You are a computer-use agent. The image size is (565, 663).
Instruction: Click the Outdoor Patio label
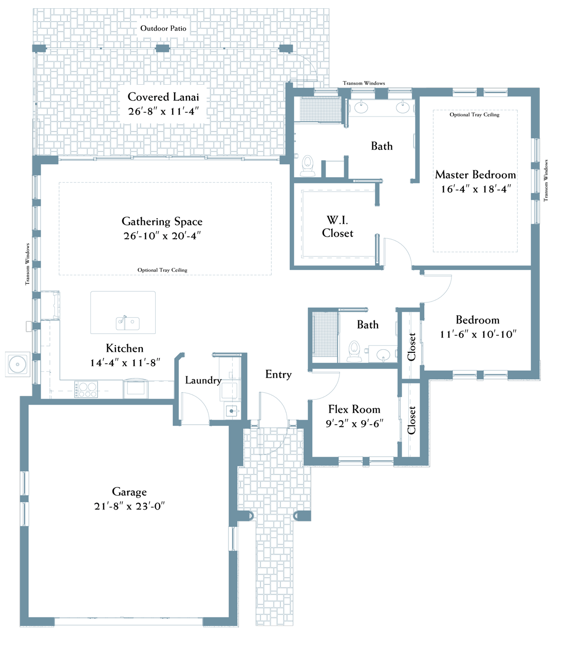[163, 28]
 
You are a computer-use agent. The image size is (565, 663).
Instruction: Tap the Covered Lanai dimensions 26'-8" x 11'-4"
[163, 111]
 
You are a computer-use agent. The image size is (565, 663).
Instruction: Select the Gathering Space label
[162, 221]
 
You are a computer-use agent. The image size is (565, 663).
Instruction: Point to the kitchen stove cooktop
[86, 389]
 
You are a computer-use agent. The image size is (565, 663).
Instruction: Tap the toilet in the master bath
[308, 165]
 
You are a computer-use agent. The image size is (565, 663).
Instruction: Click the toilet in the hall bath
[354, 351]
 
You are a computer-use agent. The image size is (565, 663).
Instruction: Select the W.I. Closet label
[337, 227]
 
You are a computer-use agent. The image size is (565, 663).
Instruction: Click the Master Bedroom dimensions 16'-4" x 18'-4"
[476, 189]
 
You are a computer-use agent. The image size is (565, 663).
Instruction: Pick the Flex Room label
[354, 409]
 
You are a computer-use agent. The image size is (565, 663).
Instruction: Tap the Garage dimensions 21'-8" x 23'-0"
[129, 506]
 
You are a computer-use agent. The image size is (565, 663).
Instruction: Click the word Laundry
[203, 381]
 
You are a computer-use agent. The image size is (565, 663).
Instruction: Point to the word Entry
[278, 374]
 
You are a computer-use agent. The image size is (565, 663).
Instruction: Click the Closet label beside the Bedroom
[411, 347]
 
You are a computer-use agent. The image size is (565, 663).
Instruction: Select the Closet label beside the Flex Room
[411, 421]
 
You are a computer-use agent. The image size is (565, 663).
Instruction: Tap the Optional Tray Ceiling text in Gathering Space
[162, 270]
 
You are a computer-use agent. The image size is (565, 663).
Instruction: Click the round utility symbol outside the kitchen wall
[17, 365]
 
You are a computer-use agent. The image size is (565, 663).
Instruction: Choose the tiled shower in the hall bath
[325, 337]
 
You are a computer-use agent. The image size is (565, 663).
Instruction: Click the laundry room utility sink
[232, 411]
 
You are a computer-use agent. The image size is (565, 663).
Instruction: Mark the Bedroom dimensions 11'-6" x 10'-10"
[478, 334]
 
